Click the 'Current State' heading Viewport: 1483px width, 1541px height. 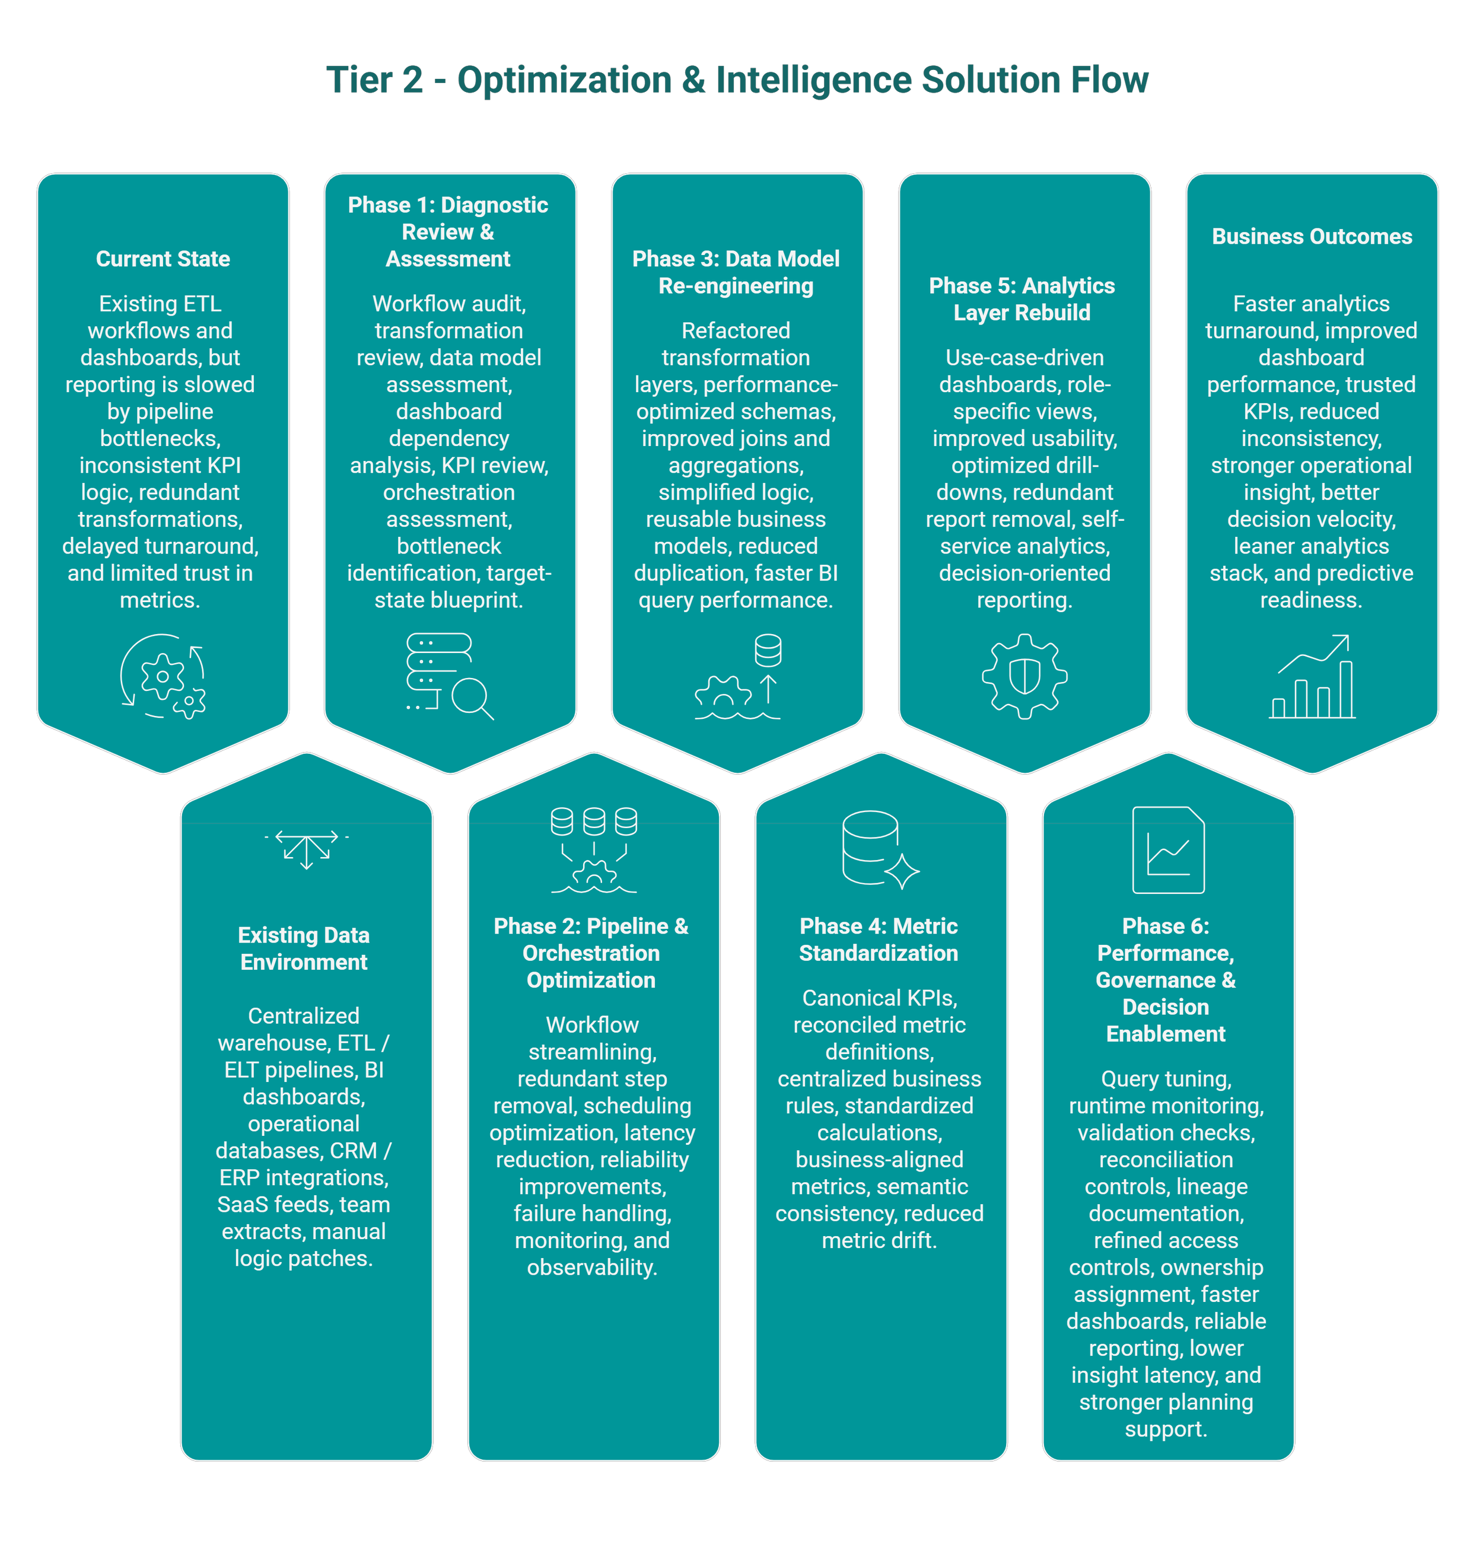[x=163, y=259]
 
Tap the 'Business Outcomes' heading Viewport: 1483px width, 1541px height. [x=1312, y=236]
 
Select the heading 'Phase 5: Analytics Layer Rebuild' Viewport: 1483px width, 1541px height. [x=1021, y=299]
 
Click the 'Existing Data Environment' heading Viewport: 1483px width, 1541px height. [x=304, y=948]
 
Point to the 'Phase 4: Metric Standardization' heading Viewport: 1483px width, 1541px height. [x=879, y=939]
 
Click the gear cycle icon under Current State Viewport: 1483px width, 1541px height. [x=163, y=676]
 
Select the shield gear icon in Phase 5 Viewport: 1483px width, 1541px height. [x=1024, y=676]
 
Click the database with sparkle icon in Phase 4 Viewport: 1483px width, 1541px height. [x=879, y=849]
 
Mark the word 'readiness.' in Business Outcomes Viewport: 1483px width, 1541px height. [x=1311, y=600]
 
